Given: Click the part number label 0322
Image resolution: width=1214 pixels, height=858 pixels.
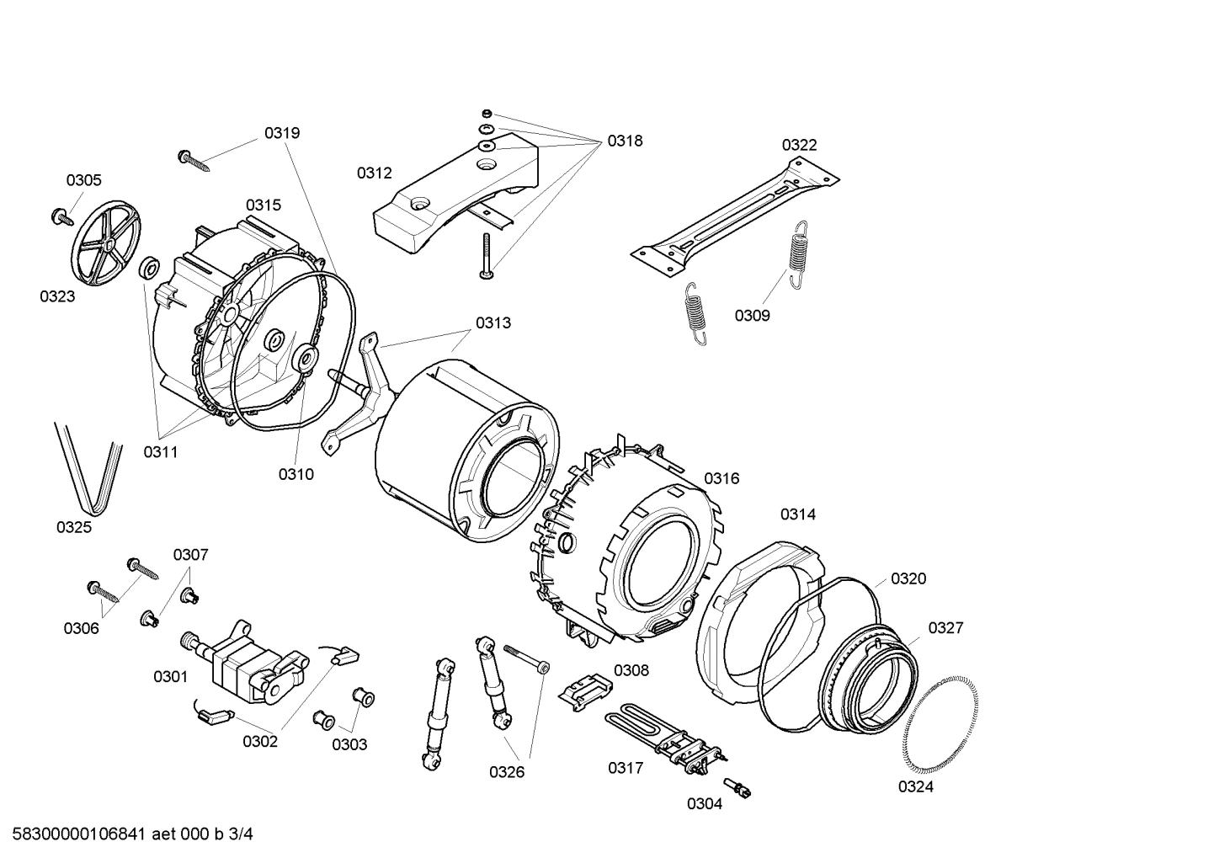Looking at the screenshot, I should click(799, 145).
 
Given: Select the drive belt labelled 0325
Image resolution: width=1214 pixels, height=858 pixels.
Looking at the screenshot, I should click(89, 469).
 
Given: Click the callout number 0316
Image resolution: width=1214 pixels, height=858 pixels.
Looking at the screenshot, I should click(721, 478).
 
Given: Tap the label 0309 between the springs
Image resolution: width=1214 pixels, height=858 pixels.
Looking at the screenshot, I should click(752, 315).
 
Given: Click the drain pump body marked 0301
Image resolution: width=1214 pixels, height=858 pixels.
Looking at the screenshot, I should click(249, 664).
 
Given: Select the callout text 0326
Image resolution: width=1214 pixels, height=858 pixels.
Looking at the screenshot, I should click(507, 771).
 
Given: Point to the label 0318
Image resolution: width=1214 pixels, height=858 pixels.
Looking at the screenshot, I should click(625, 141).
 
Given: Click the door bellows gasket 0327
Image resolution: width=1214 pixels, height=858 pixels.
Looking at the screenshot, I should click(868, 682).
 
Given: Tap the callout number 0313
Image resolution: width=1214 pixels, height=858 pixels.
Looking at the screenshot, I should click(493, 322).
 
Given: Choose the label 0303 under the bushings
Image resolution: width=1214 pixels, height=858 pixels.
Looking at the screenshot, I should click(349, 744).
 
